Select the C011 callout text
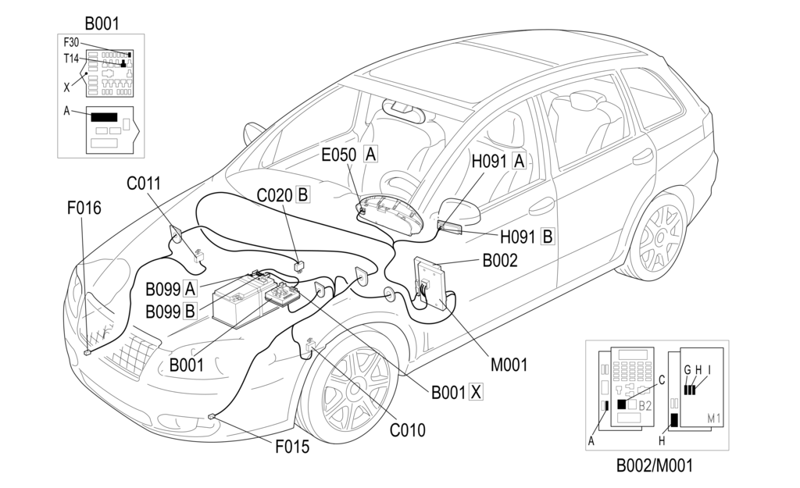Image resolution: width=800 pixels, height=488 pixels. click(144, 184)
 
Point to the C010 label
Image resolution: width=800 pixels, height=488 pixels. click(408, 429)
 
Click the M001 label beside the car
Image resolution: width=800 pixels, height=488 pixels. click(509, 363)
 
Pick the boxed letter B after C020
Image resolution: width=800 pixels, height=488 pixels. click(302, 194)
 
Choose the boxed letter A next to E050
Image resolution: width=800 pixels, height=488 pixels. click(371, 155)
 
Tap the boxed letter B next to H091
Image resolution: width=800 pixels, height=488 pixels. click(548, 237)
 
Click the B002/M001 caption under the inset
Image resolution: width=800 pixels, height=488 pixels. click(654, 466)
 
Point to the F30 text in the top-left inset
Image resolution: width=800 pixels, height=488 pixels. click(71, 42)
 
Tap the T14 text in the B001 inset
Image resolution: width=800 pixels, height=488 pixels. click(71, 59)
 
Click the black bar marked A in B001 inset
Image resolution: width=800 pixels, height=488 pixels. click(104, 117)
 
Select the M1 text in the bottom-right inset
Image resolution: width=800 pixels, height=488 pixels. click(713, 419)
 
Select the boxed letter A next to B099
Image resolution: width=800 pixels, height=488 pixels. click(190, 290)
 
